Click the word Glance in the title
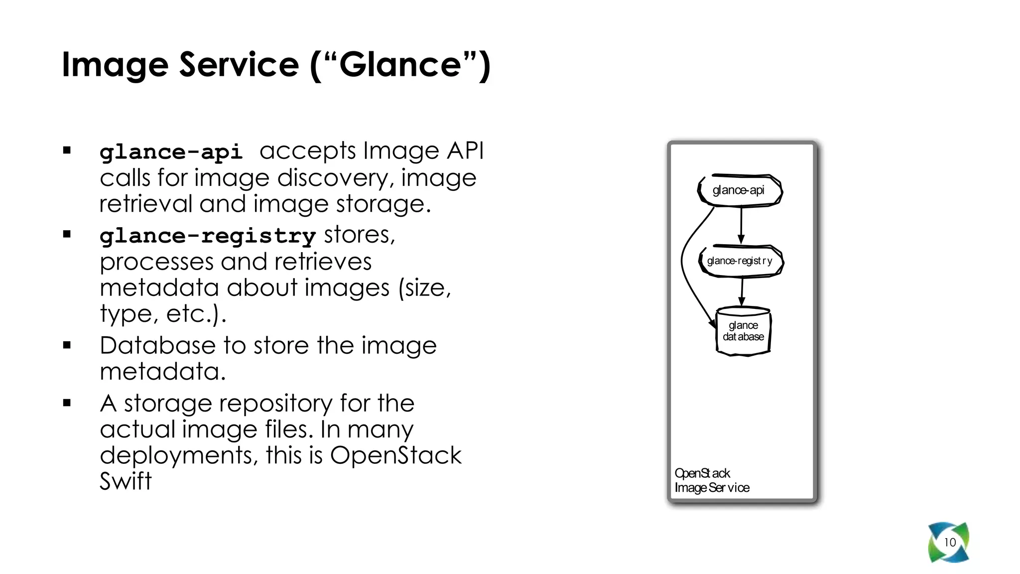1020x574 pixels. coord(400,65)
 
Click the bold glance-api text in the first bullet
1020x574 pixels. coord(171,151)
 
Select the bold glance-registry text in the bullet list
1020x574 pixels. coord(207,235)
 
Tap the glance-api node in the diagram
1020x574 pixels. coord(739,190)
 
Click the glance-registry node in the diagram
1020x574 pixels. coord(740,261)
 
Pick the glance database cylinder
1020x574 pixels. coord(743,331)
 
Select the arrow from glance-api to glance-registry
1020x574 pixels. coord(741,225)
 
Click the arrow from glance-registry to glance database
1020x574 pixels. coord(742,291)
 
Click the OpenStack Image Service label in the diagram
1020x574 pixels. coord(712,480)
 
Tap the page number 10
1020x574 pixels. coord(950,542)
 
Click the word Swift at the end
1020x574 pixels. coord(126,481)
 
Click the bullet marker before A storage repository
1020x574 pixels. coord(67,403)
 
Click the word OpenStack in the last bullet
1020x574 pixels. coord(395,455)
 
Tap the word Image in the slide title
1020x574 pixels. coord(115,65)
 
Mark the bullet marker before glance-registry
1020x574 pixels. coord(67,234)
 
